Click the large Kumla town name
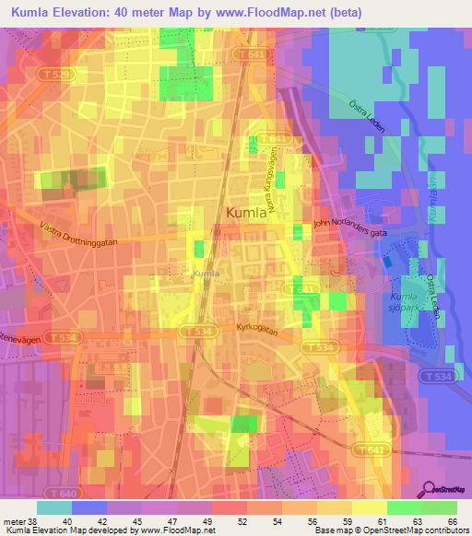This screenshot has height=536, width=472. (246, 212)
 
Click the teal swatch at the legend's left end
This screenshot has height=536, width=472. (54, 507)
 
